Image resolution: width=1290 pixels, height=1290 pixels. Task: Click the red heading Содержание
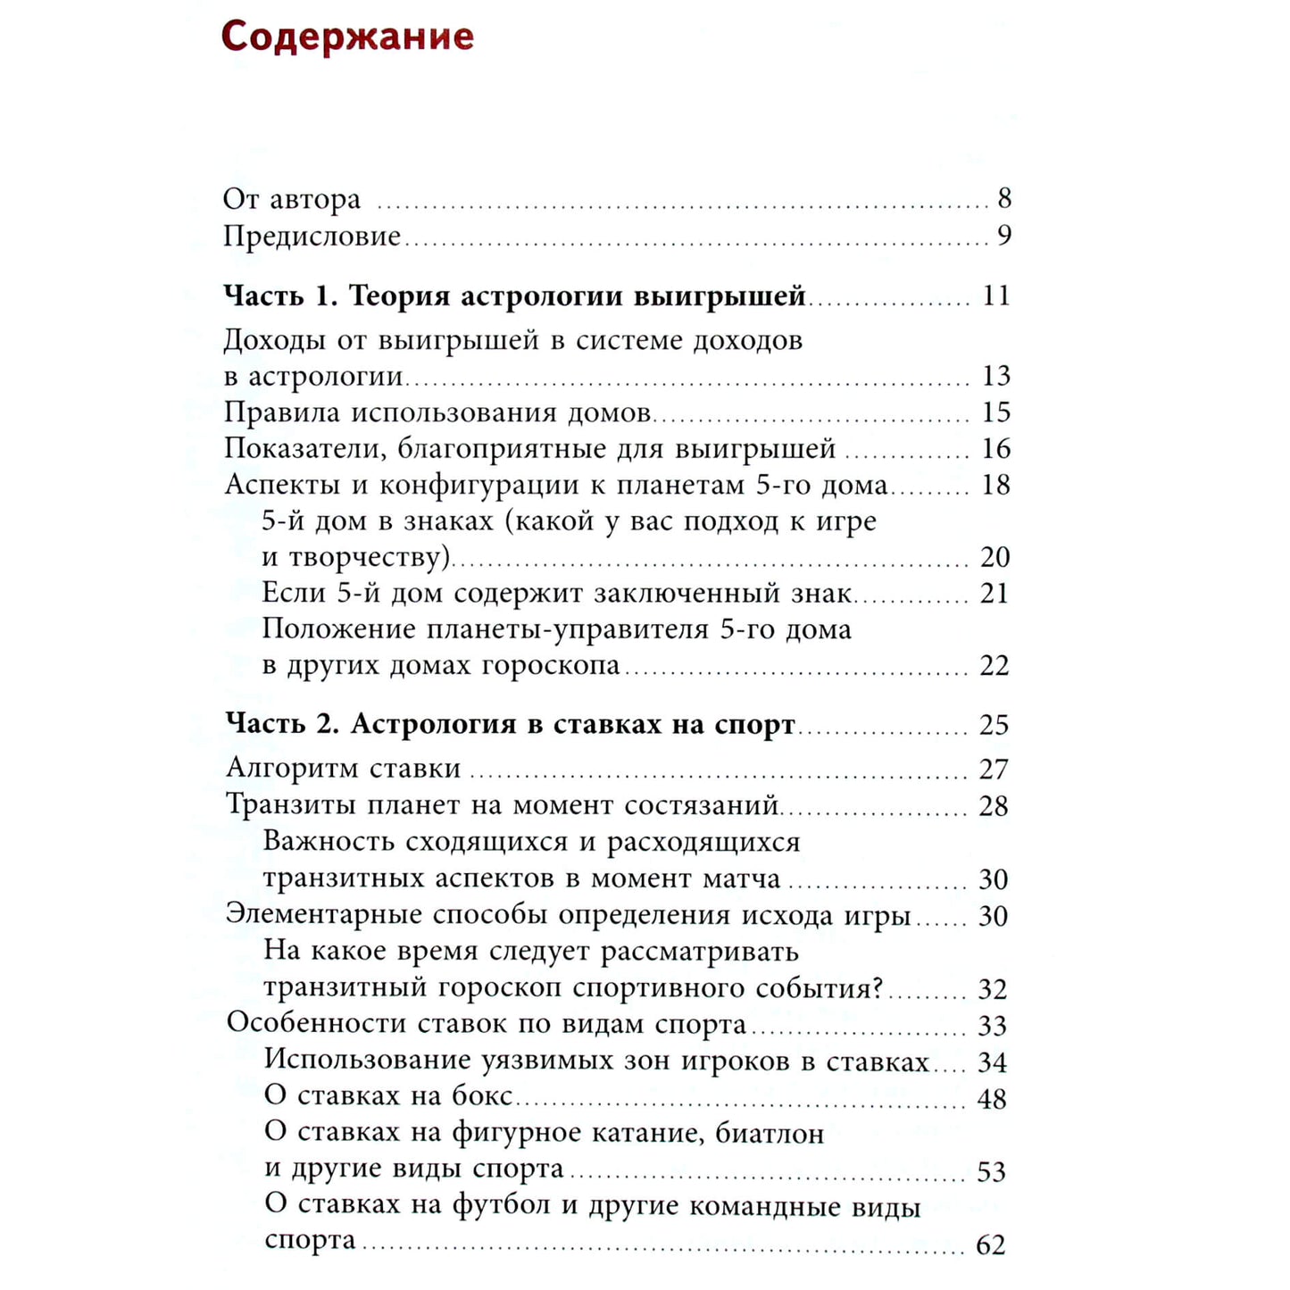(347, 37)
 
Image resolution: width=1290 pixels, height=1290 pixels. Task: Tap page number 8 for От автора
(1004, 198)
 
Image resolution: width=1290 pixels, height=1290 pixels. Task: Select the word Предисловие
(312, 237)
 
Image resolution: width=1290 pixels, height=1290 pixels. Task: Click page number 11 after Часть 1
(995, 295)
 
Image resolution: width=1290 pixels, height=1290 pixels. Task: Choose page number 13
(995, 376)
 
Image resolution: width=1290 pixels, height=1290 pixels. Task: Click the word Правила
(282, 412)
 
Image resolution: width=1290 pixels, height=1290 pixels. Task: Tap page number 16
(995, 448)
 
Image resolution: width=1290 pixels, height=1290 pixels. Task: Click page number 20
(995, 557)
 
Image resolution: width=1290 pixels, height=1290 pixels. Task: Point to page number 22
(995, 666)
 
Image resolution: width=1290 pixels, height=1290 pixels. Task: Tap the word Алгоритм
(294, 769)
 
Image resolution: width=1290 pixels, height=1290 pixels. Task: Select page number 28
(994, 806)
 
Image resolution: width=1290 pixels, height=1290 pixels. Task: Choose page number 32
(993, 989)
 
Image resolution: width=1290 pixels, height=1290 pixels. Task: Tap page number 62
(991, 1244)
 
